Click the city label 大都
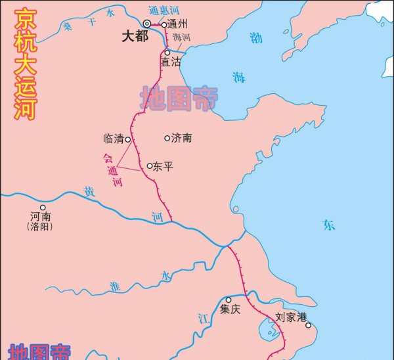pyautogui.click(x=133, y=37)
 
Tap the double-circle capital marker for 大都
pyautogui.click(x=148, y=24)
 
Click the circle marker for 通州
pyautogui.click(x=165, y=25)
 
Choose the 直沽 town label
pyautogui.click(x=170, y=62)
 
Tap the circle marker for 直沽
pyautogui.click(x=167, y=52)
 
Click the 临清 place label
pyautogui.click(x=113, y=139)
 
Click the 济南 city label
pyautogui.click(x=181, y=139)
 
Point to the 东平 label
pyautogui.click(x=163, y=167)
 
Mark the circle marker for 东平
pyautogui.click(x=150, y=166)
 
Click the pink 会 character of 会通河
pyautogui.click(x=108, y=158)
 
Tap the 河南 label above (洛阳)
pyautogui.click(x=41, y=215)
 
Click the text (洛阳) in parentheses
pyautogui.click(x=40, y=227)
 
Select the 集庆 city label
pyautogui.click(x=230, y=309)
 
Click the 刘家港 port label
pyautogui.click(x=291, y=317)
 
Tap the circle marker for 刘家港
pyautogui.click(x=308, y=325)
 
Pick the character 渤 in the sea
pyautogui.click(x=255, y=38)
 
